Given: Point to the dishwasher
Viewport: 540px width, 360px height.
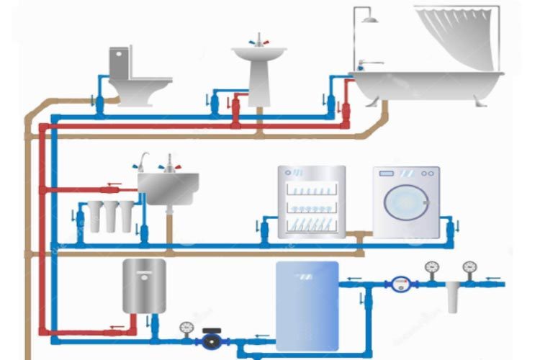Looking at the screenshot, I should (312, 202).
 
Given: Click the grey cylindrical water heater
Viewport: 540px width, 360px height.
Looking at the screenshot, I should (143, 286).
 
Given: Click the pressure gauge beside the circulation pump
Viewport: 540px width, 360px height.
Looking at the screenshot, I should (186, 328).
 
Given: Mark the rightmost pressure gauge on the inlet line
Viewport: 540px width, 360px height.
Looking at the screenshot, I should (469, 268).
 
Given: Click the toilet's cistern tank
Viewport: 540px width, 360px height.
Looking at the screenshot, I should (120, 62).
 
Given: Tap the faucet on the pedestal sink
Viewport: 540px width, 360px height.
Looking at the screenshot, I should (258, 39).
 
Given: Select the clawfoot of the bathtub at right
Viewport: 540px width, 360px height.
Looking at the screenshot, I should (480, 101).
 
